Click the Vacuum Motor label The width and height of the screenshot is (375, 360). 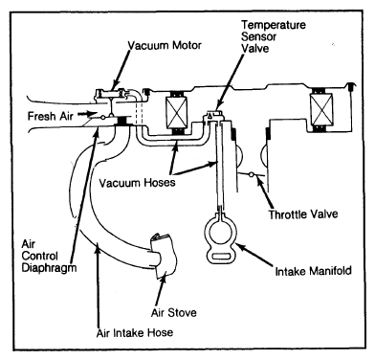pos(165,45)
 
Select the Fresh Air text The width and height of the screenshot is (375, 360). pos(51,116)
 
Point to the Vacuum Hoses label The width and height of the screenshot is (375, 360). pos(137,183)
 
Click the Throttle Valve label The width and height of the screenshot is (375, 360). pos(303,214)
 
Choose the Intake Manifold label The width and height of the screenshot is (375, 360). pos(313,271)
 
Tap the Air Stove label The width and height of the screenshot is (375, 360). pos(174,312)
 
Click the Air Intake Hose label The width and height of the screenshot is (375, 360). pos(135,333)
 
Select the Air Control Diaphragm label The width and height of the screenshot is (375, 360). pos(49,256)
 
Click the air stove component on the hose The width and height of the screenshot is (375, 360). pos(164,256)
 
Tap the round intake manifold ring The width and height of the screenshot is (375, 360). pos(220,231)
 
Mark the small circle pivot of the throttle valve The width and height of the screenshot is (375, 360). pos(252,174)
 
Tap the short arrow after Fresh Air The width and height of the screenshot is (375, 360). pos(87,114)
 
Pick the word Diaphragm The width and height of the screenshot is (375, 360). pos(49,267)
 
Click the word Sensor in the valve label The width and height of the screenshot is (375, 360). pos(258,36)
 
